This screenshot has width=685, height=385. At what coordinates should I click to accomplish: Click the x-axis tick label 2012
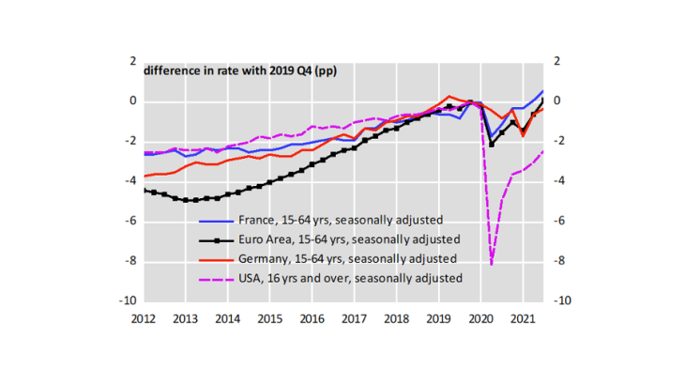click(143, 318)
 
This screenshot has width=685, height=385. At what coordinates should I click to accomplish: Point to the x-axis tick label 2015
click(270, 318)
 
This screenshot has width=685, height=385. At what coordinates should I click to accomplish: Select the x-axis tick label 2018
click(397, 318)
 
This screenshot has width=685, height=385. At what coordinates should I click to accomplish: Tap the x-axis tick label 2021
click(524, 318)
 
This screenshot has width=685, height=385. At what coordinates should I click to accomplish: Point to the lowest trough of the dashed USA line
click(492, 264)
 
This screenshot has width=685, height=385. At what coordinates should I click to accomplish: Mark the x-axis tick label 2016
click(312, 318)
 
